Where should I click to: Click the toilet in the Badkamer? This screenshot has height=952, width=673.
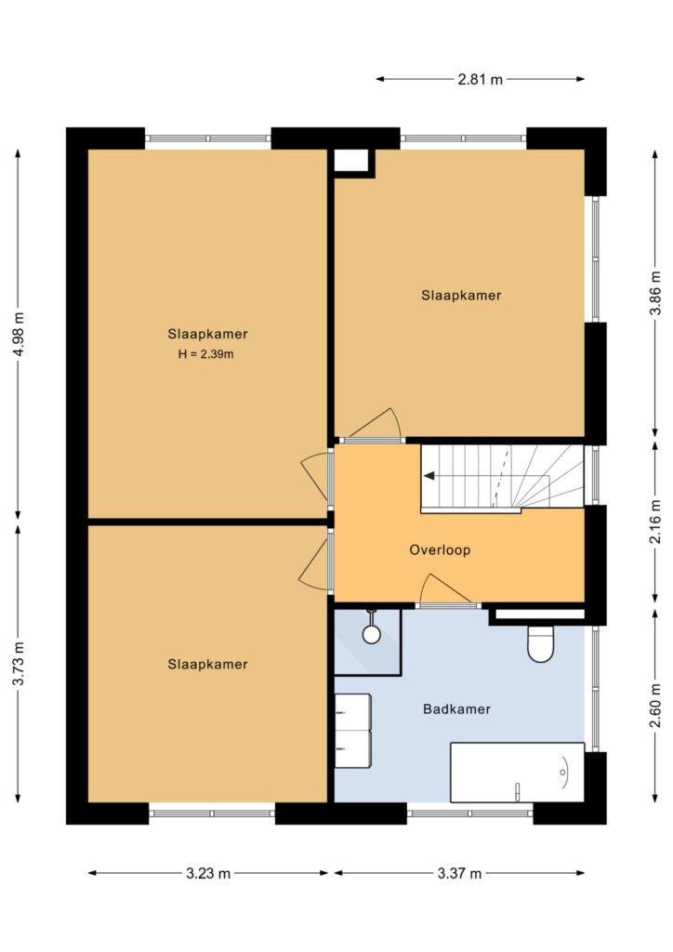pos(540,643)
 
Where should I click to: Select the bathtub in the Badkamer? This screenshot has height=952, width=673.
pos(517,772)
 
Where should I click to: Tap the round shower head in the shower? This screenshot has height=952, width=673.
pos(372,634)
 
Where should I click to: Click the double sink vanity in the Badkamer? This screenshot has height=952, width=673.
pos(352,731)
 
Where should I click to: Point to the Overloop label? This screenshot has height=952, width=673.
pos(440,550)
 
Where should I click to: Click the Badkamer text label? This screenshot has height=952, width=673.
pos(456,708)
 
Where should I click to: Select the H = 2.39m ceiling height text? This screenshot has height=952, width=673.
pos(205,354)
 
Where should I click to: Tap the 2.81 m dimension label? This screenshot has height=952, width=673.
pos(480,79)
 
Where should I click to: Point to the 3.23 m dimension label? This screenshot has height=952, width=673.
pos(208,873)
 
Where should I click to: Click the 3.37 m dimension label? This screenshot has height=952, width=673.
pos(459,873)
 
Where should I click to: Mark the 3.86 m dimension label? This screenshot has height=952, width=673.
pos(655,293)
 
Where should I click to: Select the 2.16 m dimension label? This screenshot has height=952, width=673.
pos(655,522)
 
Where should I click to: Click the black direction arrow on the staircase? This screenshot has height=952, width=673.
pos(429,476)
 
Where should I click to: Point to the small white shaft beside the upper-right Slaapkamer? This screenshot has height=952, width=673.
pos(351,160)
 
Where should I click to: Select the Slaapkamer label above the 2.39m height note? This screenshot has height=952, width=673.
pos(207,334)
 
